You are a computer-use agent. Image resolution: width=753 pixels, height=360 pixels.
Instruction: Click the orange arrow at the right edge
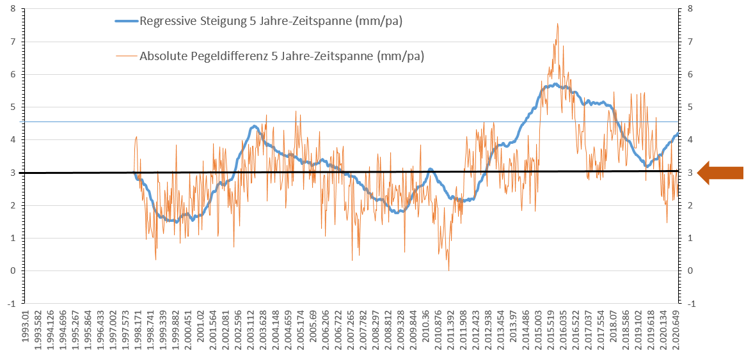(x=720, y=173)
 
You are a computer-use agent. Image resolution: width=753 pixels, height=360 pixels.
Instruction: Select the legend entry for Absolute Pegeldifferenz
(x=282, y=56)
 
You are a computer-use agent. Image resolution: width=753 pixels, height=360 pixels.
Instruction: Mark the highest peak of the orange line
(x=557, y=24)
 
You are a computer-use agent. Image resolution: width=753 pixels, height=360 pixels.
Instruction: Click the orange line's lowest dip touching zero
(x=448, y=270)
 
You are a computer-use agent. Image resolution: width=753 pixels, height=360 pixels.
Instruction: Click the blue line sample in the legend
(x=125, y=21)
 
